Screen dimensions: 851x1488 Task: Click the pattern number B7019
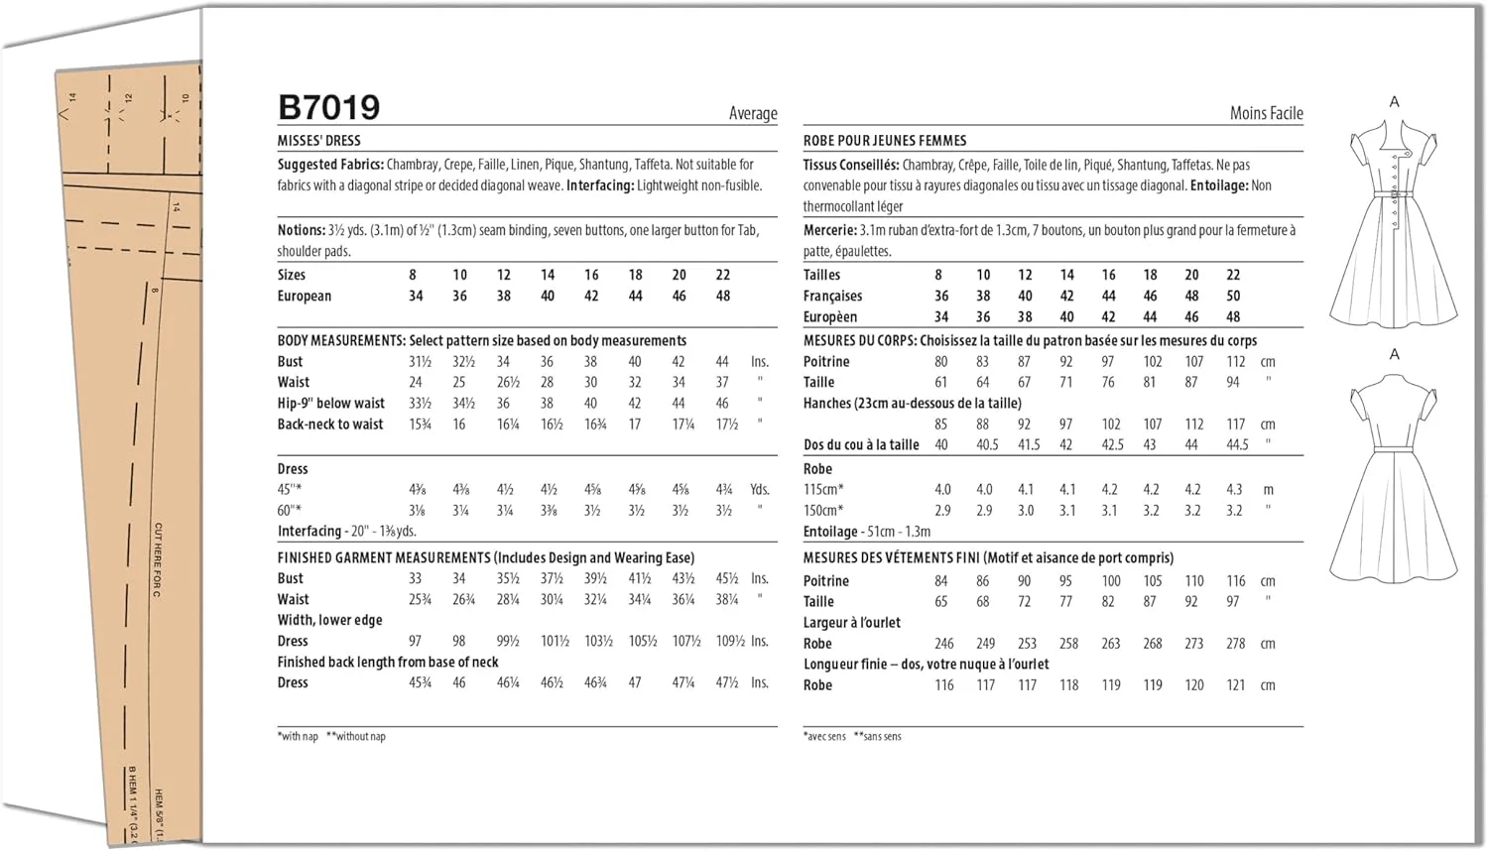pyautogui.click(x=328, y=107)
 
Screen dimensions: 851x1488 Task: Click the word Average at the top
pyautogui.click(x=753, y=113)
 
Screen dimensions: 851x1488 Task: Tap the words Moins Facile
pyautogui.click(x=1266, y=113)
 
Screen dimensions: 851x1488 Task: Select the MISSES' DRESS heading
pyautogui.click(x=318, y=141)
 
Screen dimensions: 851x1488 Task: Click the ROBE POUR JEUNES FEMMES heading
pyautogui.click(x=884, y=141)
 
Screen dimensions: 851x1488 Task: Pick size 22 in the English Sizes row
pyautogui.click(x=723, y=275)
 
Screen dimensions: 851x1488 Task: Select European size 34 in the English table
pyautogui.click(x=416, y=296)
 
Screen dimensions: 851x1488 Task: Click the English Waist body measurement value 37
pyautogui.click(x=722, y=382)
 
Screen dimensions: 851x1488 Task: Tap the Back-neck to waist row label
pyautogui.click(x=330, y=425)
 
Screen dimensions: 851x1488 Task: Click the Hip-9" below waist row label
pyautogui.click(x=330, y=404)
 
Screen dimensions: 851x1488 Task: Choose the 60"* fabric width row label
pyautogui.click(x=290, y=511)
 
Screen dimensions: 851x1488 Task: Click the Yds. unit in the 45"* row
pyautogui.click(x=760, y=489)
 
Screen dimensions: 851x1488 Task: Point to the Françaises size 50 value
pyautogui.click(x=1233, y=296)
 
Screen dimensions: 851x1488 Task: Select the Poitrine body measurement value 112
pyautogui.click(x=1235, y=362)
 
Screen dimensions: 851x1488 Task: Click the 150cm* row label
pyautogui.click(x=823, y=511)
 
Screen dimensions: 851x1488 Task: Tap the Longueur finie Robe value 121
pyautogui.click(x=1235, y=685)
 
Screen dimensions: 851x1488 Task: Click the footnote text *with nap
pyautogui.click(x=298, y=736)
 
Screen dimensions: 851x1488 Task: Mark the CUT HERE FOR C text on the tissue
pyautogui.click(x=158, y=559)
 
